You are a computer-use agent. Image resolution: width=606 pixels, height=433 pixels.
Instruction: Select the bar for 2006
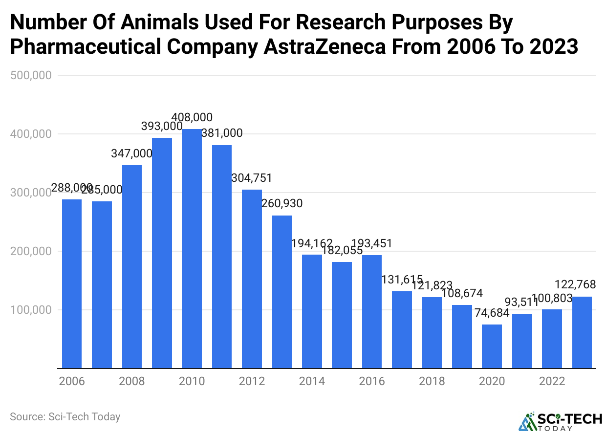click(x=72, y=283)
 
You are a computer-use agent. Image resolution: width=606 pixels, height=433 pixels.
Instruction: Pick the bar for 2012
click(x=252, y=279)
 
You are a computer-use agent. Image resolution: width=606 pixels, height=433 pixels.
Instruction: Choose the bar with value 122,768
click(x=582, y=332)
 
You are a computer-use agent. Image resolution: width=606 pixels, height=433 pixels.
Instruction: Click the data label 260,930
click(x=282, y=203)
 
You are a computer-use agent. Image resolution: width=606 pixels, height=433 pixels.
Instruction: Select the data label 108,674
click(x=462, y=294)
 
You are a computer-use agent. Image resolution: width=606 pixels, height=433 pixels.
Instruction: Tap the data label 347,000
click(x=132, y=153)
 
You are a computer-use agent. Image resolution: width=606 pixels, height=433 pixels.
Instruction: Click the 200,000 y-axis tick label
click(x=30, y=251)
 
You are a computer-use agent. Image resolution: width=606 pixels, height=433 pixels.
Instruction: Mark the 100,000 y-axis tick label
click(x=30, y=310)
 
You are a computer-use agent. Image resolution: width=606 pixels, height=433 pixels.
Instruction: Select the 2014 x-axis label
click(x=312, y=381)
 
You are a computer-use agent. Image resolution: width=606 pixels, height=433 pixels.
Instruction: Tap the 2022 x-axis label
click(x=552, y=381)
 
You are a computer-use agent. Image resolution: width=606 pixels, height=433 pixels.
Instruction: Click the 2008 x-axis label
click(x=132, y=381)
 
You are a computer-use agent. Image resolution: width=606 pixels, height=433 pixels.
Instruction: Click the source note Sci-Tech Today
click(x=65, y=417)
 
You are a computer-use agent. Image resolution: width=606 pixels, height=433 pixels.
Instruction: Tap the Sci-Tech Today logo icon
click(x=526, y=421)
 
